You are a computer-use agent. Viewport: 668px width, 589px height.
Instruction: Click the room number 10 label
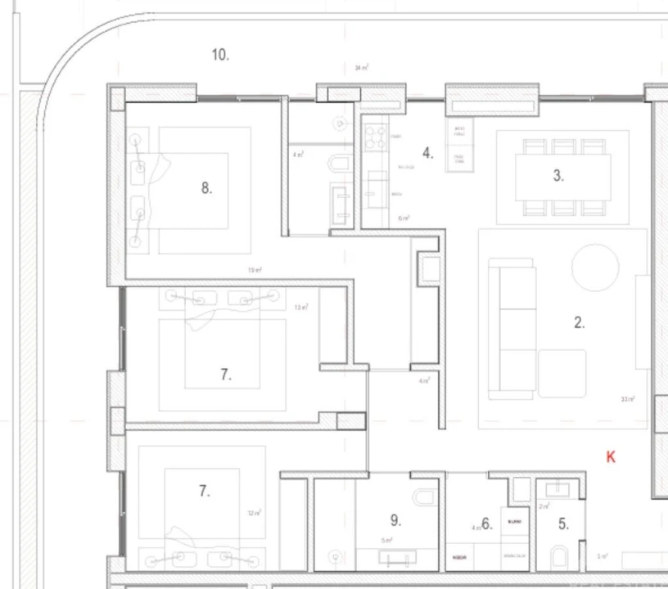click(219, 55)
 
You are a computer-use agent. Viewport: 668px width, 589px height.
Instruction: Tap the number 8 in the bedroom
click(206, 187)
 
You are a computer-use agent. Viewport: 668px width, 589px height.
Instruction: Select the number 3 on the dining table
click(558, 175)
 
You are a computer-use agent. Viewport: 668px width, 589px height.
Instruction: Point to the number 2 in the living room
click(579, 322)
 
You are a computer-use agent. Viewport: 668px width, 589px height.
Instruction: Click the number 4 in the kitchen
click(427, 153)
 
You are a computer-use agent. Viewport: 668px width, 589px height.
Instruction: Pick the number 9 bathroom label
click(395, 519)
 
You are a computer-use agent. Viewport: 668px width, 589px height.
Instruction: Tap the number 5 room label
click(563, 524)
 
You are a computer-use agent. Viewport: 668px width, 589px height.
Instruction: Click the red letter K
click(611, 457)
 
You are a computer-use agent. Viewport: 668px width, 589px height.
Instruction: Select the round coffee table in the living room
click(595, 268)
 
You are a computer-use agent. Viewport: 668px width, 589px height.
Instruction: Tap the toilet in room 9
click(425, 499)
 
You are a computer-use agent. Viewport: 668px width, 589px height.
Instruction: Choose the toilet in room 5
click(561, 559)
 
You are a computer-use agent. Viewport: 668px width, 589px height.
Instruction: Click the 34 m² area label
click(361, 68)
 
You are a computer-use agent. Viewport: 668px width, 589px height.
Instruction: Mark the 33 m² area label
click(628, 399)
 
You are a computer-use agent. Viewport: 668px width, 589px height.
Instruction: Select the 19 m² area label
click(255, 270)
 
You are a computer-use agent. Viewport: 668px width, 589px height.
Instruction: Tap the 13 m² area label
click(301, 308)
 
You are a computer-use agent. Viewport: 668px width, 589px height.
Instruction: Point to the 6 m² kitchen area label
click(403, 218)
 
